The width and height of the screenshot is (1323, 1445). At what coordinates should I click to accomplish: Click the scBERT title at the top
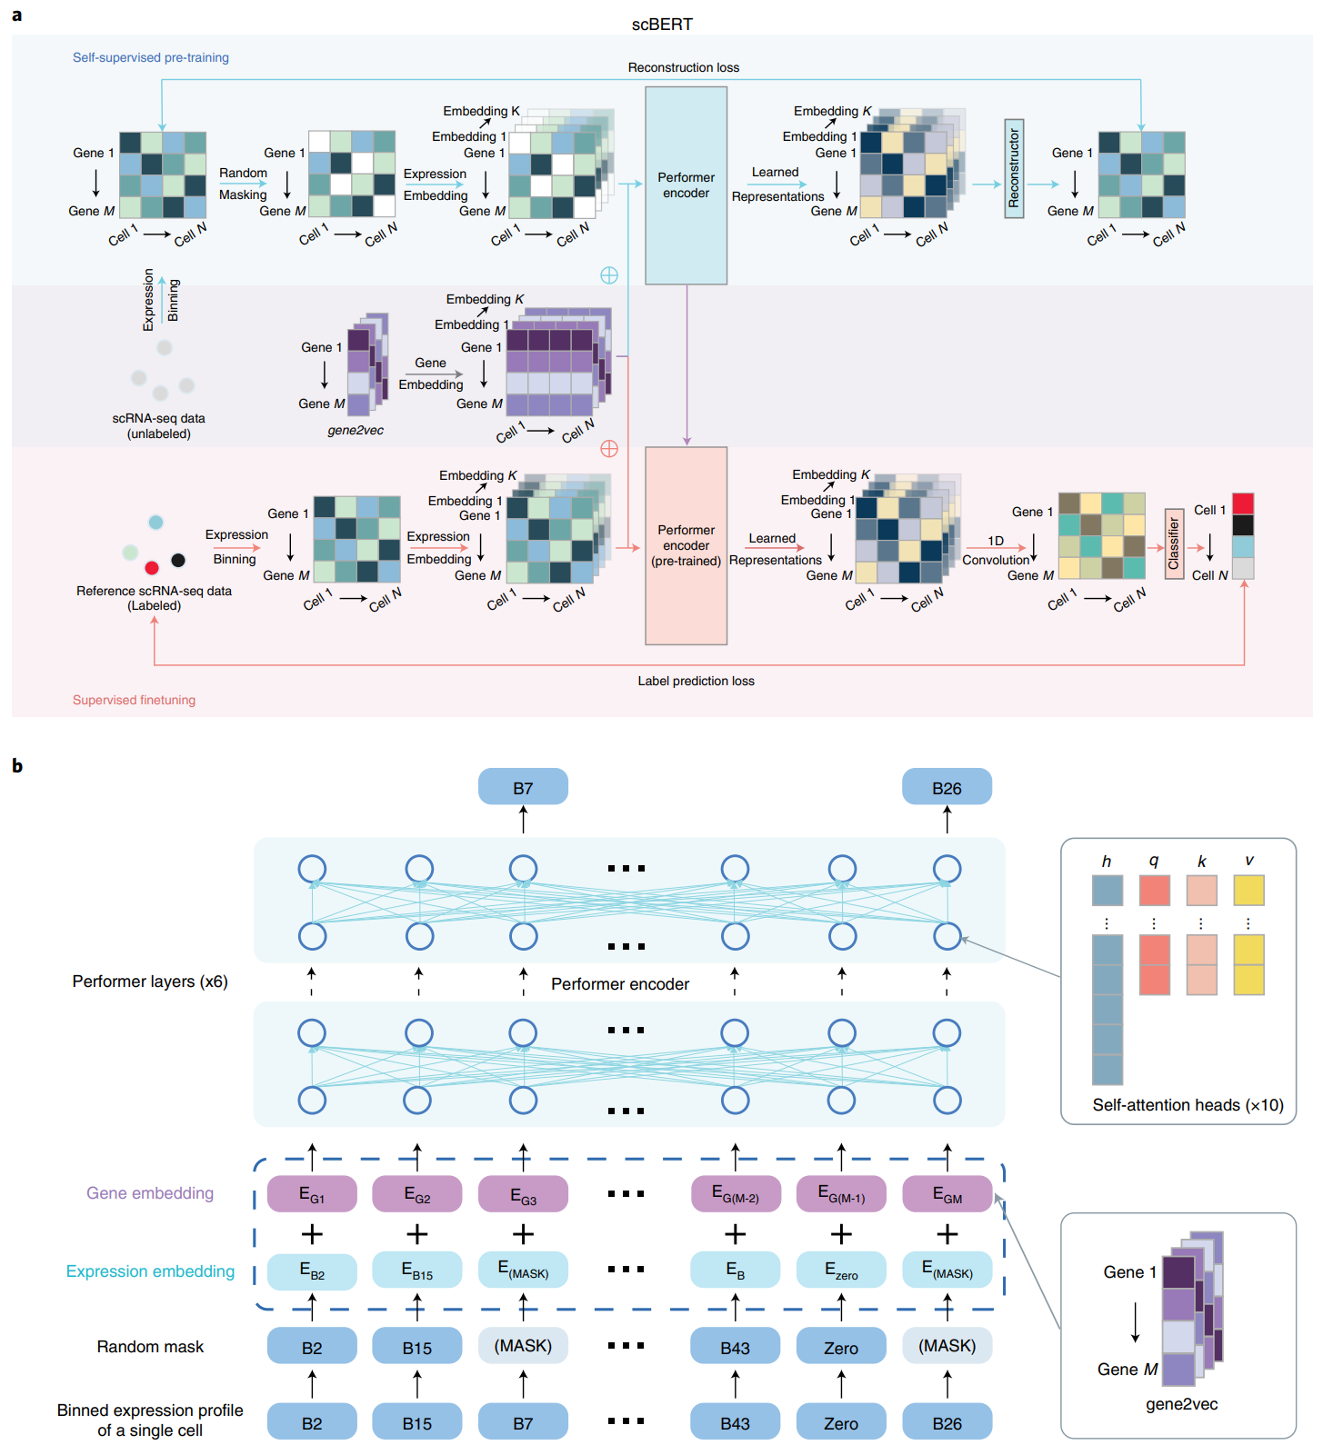click(662, 25)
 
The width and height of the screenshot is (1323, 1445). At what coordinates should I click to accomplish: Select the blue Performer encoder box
click(686, 185)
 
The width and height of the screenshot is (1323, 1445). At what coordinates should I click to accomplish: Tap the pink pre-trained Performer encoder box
click(686, 545)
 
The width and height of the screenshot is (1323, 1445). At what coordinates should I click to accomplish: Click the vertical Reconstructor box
click(1014, 169)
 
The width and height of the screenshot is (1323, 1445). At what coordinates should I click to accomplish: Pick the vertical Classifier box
click(1174, 543)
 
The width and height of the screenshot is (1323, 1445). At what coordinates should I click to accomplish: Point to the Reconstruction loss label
click(683, 67)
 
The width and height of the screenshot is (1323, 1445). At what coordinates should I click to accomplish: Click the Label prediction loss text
click(696, 681)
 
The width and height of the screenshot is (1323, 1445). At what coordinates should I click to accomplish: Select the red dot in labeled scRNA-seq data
click(152, 568)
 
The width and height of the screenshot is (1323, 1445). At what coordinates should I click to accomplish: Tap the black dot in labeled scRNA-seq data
click(178, 560)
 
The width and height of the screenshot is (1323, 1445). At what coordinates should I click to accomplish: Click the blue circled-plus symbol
click(609, 275)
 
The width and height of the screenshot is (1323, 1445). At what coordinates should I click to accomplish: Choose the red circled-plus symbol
click(609, 449)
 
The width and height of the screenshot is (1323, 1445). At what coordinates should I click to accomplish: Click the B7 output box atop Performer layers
click(523, 787)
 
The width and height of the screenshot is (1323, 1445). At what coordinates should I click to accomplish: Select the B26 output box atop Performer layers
click(947, 787)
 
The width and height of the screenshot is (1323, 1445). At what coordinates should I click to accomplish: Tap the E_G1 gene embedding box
click(312, 1194)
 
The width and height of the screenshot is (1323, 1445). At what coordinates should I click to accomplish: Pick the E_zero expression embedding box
click(841, 1270)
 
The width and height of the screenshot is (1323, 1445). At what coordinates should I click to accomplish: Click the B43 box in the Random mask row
click(735, 1347)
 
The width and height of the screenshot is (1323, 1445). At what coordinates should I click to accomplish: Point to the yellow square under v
click(1248, 890)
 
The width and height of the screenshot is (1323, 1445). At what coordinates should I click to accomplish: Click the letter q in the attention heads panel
click(1154, 861)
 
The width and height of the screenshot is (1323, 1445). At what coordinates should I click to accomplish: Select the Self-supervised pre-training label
click(151, 57)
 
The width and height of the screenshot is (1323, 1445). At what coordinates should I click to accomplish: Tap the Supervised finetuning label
click(134, 700)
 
